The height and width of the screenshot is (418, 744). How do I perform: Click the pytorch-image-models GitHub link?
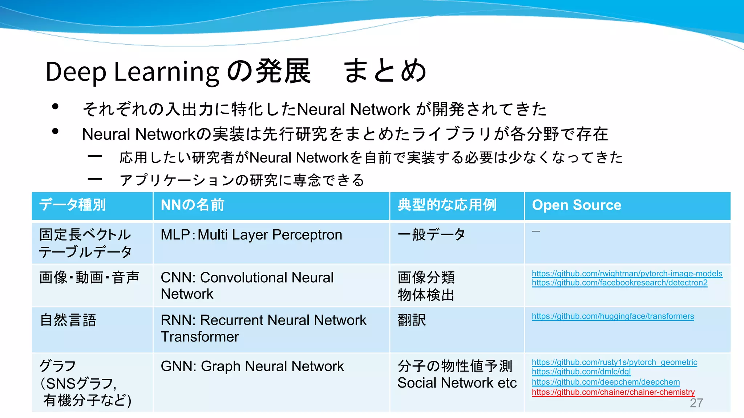[627, 274]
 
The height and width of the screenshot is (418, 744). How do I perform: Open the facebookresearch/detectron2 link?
[619, 283]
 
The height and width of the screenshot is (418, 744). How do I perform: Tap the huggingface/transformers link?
[612, 316]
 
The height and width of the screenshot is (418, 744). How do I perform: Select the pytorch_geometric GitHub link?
[614, 362]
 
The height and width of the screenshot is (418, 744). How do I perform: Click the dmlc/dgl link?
[581, 372]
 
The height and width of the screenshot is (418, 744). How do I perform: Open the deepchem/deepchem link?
[606, 382]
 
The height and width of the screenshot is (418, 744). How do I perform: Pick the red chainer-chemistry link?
[613, 392]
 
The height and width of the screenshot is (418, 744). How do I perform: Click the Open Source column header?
[577, 205]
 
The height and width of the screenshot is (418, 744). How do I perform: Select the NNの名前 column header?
[193, 205]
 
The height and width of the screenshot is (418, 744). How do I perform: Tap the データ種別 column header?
[73, 205]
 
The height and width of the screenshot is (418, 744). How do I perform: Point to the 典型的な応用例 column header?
[447, 205]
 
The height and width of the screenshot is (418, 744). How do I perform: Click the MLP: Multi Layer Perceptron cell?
[251, 235]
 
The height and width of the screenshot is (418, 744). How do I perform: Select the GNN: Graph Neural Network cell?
[252, 366]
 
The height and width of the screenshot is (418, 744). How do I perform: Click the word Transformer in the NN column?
[200, 337]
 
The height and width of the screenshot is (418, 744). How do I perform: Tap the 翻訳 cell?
[412, 320]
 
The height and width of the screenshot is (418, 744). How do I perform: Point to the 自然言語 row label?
[68, 320]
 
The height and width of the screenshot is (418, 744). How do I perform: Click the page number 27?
[696, 403]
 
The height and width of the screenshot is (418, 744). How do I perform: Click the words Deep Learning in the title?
[132, 71]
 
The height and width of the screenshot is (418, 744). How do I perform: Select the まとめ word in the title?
[385, 71]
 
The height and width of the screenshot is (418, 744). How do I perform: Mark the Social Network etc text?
[457, 383]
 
